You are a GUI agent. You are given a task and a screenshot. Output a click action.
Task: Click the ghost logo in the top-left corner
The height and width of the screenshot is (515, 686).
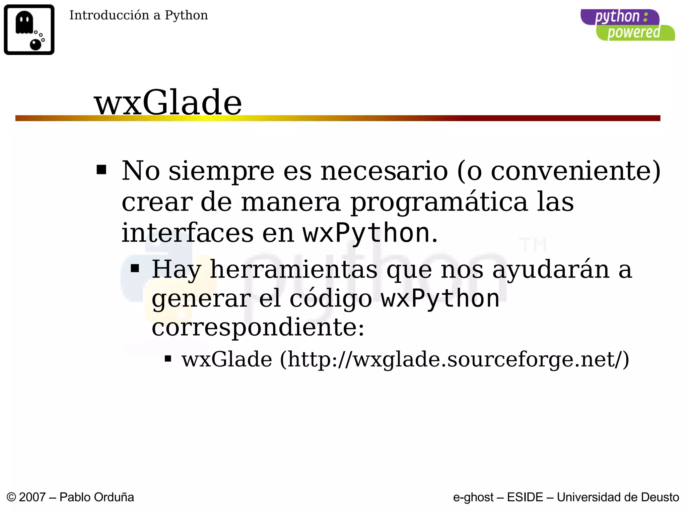point(29,30)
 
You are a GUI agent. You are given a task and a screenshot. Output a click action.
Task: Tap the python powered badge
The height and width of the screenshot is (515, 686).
point(627,25)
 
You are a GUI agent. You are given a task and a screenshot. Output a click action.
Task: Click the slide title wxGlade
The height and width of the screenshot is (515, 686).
point(168,103)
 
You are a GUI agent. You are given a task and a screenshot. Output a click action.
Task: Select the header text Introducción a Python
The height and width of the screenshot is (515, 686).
point(138,15)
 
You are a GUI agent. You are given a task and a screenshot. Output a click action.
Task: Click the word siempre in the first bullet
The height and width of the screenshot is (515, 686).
point(221,171)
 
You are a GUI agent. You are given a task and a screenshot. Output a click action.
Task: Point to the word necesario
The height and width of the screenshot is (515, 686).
point(384,171)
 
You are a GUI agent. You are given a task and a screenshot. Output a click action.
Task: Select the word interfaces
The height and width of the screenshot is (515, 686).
point(187,233)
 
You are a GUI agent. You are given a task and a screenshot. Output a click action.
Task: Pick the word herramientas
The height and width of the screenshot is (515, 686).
point(293,270)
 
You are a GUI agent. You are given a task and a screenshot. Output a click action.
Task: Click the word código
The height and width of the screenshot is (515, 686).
point(331,299)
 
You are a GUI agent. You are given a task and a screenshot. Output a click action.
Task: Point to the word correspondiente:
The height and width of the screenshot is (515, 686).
point(258,327)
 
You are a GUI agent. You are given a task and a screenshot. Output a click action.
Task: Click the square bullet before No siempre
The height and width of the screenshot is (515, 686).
point(101,170)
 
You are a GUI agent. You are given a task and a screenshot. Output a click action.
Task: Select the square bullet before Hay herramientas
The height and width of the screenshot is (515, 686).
point(135,269)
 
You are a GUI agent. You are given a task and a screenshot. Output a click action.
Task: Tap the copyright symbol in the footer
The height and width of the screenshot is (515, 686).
point(11,497)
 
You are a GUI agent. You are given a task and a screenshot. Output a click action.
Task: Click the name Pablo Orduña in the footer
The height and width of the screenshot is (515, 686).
point(96,497)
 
